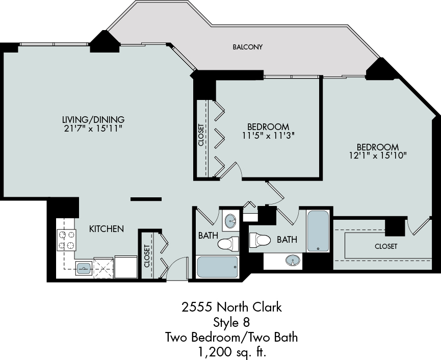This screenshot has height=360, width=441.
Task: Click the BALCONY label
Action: [247, 47]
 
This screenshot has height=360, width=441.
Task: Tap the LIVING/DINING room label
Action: [93, 119]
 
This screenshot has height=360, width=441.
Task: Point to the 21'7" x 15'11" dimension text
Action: [93, 128]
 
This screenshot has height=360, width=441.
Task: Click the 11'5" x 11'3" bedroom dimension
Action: [268, 136]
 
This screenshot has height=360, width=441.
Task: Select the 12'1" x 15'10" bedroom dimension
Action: [378, 156]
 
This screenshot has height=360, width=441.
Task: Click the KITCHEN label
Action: [107, 229]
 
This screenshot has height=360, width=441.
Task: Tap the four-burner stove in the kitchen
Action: [67, 240]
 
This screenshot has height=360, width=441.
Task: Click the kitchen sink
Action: [84, 268]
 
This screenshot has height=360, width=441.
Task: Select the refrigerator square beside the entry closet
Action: [126, 267]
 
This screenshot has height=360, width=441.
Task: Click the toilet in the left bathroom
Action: [228, 244]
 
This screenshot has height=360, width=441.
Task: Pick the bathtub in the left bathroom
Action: [217, 267]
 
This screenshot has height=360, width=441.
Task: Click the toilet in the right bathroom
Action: [260, 240]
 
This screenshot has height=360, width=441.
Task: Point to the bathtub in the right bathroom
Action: [318, 231]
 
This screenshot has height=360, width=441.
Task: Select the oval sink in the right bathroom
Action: [293, 260]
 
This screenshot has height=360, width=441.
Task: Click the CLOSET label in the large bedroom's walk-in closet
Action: [386, 246]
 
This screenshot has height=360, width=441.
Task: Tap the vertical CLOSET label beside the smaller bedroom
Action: [201, 135]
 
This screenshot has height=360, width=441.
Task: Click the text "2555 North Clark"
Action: [231, 307]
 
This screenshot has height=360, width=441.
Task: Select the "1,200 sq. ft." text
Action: [232, 351]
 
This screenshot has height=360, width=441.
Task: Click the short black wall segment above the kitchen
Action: [146, 199]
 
